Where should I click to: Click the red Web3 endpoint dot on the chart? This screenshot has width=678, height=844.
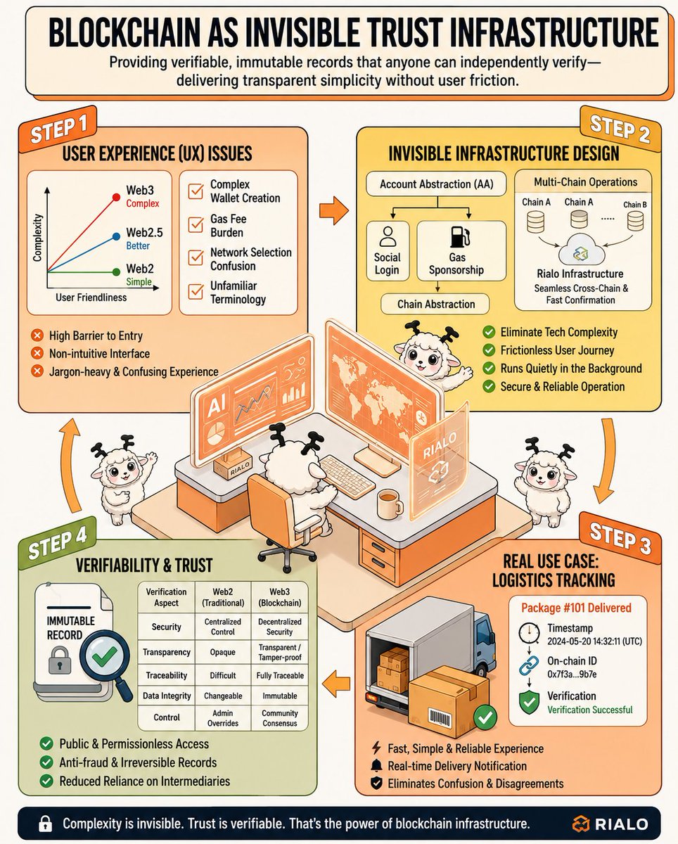116,197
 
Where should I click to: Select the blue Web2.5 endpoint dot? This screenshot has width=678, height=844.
116,236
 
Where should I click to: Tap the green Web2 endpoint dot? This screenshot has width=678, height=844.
116,271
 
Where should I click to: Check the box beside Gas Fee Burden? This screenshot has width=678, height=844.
196,225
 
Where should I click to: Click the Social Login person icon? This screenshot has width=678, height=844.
388,236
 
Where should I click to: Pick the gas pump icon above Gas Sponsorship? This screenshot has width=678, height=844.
459,237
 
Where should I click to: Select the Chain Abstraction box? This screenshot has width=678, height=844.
435,304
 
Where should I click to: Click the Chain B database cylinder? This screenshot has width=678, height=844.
635,221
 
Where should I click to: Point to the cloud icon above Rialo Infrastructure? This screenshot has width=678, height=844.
581,250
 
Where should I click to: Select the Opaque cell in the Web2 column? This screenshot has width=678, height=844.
223,652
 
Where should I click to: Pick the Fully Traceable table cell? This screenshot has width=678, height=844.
280,675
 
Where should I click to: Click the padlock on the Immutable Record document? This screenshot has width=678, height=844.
60,660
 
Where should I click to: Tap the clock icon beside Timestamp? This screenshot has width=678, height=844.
529,632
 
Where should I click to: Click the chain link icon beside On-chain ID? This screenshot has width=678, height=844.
529,666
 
